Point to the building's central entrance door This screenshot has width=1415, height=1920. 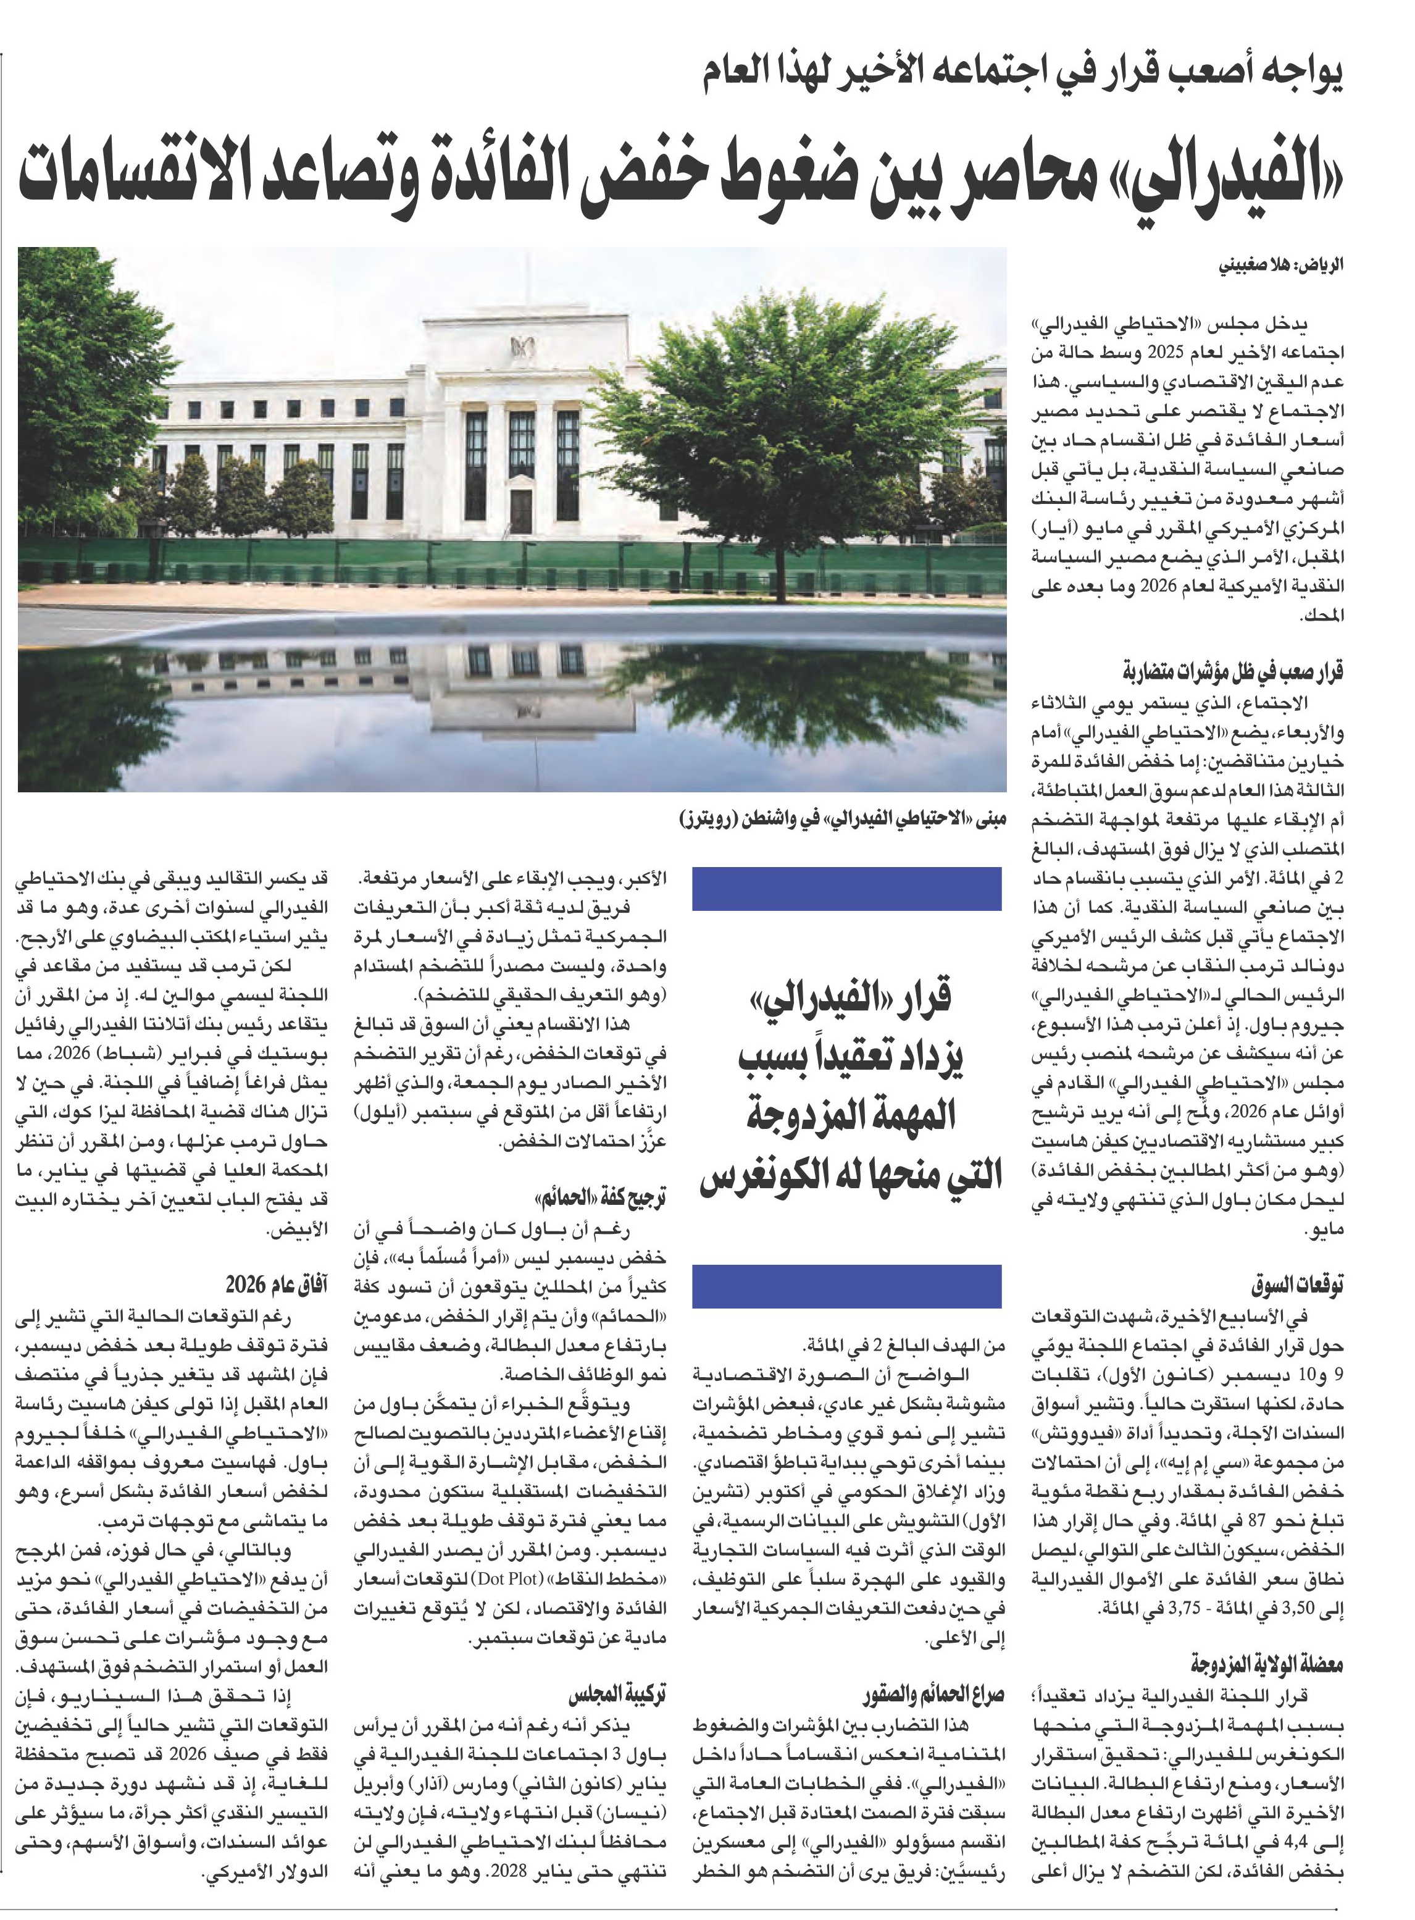point(521,513)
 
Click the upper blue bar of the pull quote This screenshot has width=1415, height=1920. point(846,889)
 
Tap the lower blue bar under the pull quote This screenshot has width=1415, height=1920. point(846,1288)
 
